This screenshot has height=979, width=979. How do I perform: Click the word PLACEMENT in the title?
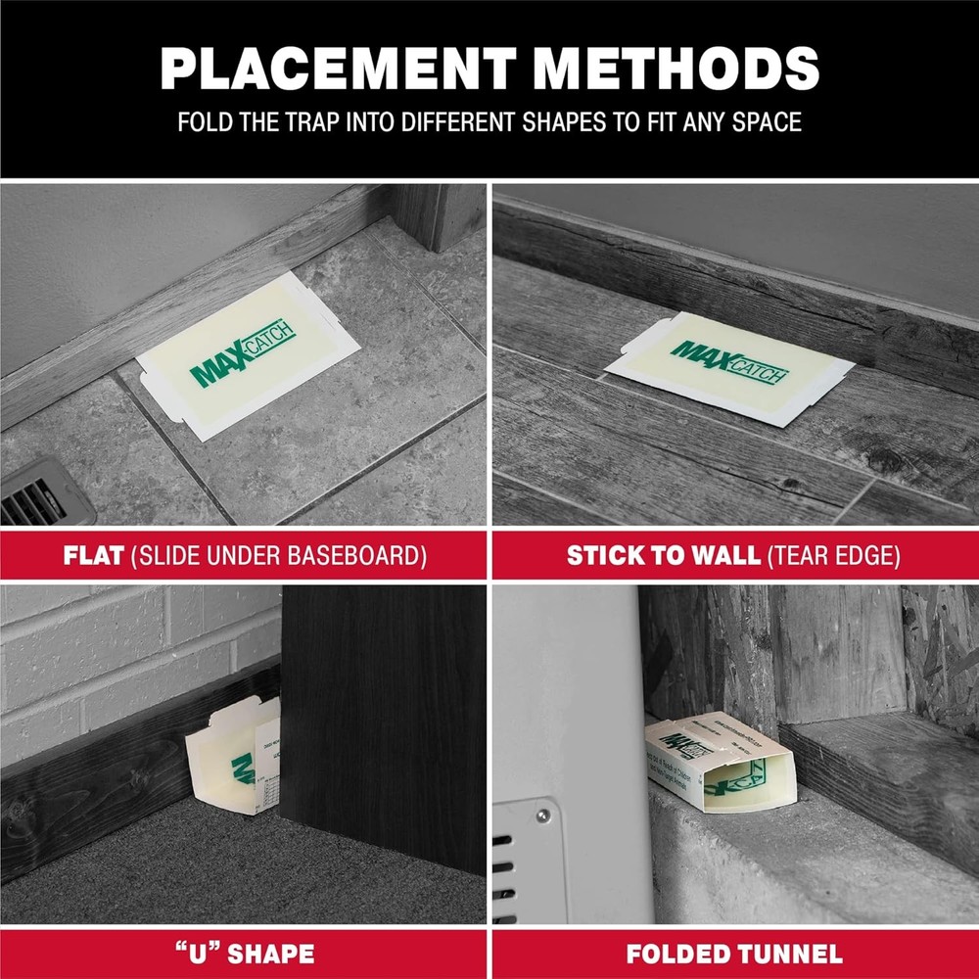[333, 69]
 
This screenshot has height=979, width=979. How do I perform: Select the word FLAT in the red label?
[93, 556]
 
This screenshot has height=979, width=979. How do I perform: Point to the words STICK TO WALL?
[663, 556]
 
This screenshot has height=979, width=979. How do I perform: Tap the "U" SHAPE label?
[244, 953]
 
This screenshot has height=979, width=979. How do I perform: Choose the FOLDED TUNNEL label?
[734, 953]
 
